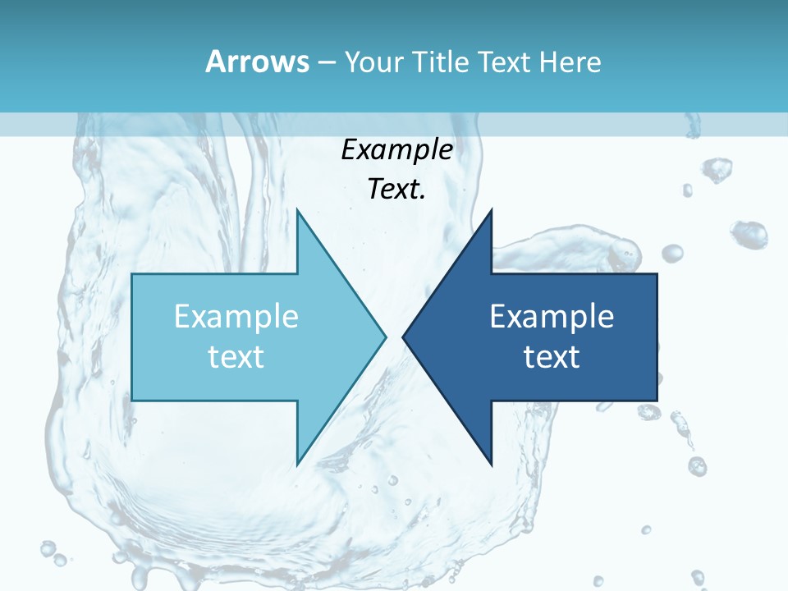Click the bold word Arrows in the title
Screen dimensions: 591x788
pyautogui.click(x=258, y=62)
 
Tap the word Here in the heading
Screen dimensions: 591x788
pyautogui.click(x=570, y=62)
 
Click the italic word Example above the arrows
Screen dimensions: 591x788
pyautogui.click(x=397, y=149)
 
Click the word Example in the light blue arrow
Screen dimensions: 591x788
pyautogui.click(x=236, y=316)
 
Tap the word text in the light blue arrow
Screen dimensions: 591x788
pyautogui.click(x=236, y=356)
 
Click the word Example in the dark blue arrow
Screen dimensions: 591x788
pyautogui.click(x=552, y=316)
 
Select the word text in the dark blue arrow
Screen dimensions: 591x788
pyautogui.click(x=552, y=356)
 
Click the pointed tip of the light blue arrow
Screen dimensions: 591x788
pyautogui.click(x=386, y=336)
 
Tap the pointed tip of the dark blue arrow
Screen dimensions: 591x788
pyautogui.click(x=403, y=336)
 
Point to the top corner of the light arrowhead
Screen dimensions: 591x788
pyautogui.click(x=297, y=209)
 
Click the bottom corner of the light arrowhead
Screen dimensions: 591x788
pyautogui.click(x=297, y=465)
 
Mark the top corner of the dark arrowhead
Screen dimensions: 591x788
pyautogui.click(x=492, y=209)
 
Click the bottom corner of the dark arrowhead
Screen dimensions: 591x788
pyautogui.click(x=492, y=465)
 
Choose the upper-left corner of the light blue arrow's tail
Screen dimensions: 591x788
pyautogui.click(x=132, y=274)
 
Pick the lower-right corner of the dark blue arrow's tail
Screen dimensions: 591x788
pyautogui.click(x=657, y=400)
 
